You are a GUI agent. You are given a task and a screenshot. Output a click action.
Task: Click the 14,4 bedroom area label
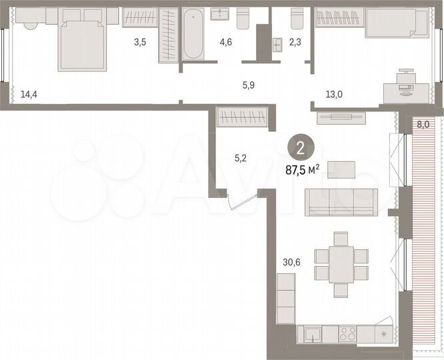[x=29, y=95]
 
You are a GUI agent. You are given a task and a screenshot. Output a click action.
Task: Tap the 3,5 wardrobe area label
[x=139, y=42]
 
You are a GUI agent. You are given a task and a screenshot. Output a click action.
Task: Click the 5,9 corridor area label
[x=248, y=85]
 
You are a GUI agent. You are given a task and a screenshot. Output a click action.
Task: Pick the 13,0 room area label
[x=334, y=95]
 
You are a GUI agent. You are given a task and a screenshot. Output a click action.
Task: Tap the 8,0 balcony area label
[x=423, y=124]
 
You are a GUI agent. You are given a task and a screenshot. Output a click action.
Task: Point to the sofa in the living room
[x=341, y=202]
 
